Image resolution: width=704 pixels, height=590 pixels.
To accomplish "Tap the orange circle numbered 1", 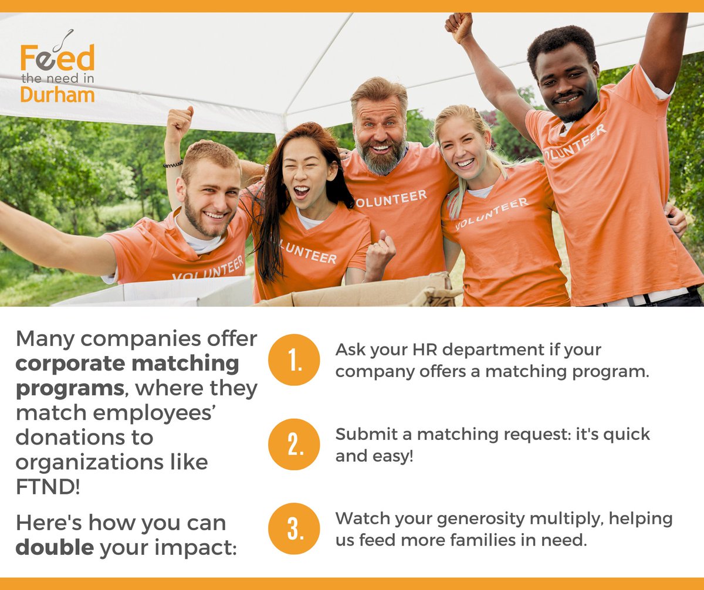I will pos(294,360).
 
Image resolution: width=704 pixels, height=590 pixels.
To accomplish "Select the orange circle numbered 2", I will pos(294,444).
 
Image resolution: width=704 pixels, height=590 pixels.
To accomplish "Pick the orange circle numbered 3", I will pos(294,528).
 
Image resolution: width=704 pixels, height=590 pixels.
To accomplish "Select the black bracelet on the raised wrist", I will pos(173,164).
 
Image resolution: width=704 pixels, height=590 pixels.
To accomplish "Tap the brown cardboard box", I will pos(364,293).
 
